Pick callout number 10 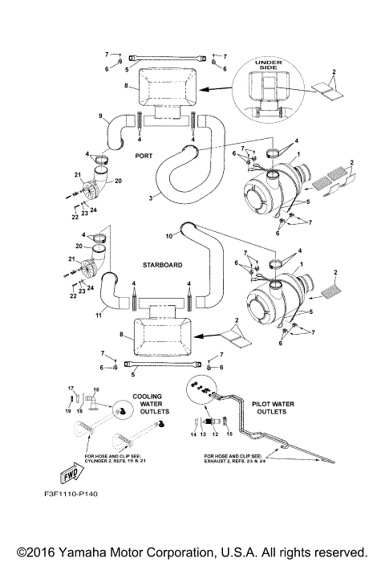pyautogui.click(x=169, y=236)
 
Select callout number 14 pyautogui.click(x=192, y=434)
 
